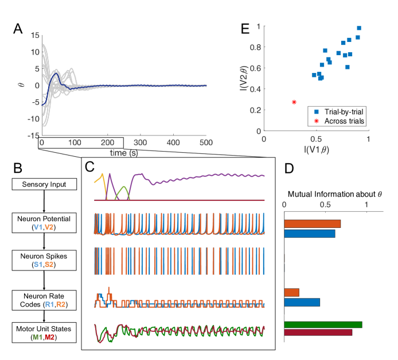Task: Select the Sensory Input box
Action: [x=44, y=184]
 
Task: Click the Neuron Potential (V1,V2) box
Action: [x=44, y=222]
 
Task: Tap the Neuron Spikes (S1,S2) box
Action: [x=44, y=260]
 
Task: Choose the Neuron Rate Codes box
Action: [x=44, y=298]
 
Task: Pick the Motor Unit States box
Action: [x=44, y=332]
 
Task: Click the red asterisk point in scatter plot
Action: [x=294, y=102]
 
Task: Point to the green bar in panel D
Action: [x=323, y=324]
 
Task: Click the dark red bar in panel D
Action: [x=318, y=332]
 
